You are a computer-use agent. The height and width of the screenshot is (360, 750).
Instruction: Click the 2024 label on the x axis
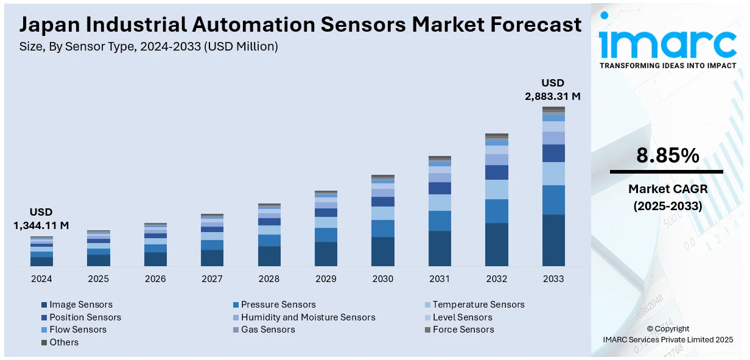coord(41,279)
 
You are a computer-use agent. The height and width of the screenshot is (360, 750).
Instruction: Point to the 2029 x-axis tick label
coord(326,279)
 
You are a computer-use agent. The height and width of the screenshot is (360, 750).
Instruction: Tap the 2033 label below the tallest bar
coord(553,279)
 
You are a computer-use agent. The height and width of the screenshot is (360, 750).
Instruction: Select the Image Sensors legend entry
coord(80,305)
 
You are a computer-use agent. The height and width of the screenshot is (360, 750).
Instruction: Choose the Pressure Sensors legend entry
coord(278,305)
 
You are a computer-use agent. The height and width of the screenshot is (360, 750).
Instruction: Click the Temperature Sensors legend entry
coord(478,305)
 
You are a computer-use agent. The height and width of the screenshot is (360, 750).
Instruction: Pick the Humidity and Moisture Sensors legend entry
coord(307,317)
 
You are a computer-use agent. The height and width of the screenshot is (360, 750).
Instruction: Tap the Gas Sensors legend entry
coord(267,330)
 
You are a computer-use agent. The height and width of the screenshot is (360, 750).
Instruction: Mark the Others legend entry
coord(63,342)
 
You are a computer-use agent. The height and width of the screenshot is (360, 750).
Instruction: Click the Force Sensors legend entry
coord(463,330)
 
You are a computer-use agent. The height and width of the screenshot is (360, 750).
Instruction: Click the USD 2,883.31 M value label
coord(553,90)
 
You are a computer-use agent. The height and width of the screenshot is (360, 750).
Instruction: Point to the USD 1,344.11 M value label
coord(41,219)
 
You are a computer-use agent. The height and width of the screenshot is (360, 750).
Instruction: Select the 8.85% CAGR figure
coord(668,156)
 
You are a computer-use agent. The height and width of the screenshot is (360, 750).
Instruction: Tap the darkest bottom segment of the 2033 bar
coord(553,240)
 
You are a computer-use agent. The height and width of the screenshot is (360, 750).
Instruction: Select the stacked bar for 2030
coord(383,221)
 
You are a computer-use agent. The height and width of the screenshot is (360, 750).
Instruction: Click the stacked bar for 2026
coord(155,245)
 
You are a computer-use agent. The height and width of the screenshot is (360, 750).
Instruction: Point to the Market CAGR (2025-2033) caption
coord(668,198)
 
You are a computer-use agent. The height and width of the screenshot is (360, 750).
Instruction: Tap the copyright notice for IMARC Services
coord(668,334)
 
